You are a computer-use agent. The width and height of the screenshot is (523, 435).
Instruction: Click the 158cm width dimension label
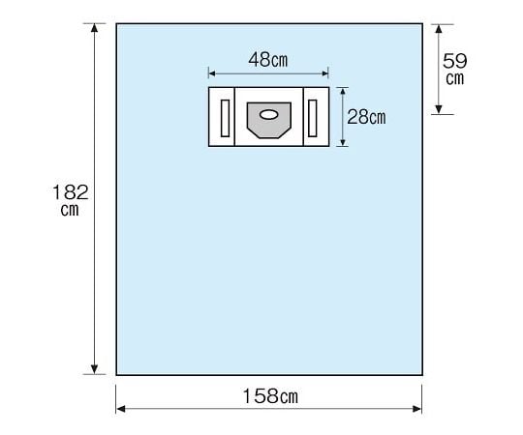270,396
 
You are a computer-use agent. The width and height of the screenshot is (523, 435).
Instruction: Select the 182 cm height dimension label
71,200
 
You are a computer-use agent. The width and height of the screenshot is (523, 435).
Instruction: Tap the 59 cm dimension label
454,70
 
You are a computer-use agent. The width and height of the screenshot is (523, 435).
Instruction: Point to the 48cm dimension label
268,60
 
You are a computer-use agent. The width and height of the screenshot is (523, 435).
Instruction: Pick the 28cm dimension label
366,117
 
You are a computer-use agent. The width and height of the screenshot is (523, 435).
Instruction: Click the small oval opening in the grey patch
268,115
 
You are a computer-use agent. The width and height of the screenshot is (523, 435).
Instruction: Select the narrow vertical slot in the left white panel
225,118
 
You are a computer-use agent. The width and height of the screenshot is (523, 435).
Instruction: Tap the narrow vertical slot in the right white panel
313,118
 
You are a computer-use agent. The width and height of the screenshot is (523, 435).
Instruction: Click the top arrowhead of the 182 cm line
94,27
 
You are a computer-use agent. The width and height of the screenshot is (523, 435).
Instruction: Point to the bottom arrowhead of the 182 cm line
94,369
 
